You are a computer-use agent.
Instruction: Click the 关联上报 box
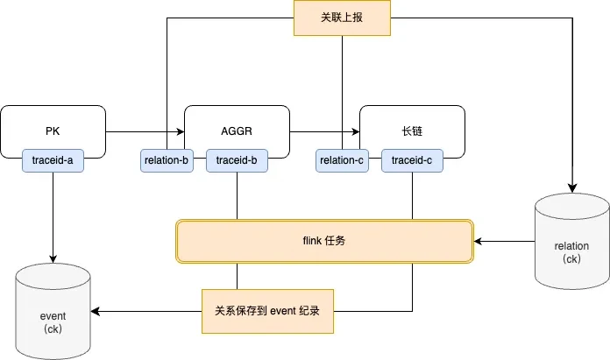(x=342, y=18)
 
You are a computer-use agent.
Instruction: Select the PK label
(x=53, y=131)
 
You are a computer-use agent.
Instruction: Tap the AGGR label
(x=237, y=131)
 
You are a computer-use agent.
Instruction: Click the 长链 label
(x=412, y=131)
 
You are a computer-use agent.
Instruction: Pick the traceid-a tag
(x=53, y=160)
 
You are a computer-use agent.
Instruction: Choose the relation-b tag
(x=167, y=160)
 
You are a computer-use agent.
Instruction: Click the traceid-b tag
(x=237, y=160)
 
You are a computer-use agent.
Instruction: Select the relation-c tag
(x=342, y=160)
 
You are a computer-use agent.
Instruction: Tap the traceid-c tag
(x=412, y=160)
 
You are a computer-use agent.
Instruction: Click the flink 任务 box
(x=324, y=242)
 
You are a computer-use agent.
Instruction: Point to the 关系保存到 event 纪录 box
(x=267, y=311)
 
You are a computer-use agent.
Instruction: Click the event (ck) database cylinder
(x=53, y=312)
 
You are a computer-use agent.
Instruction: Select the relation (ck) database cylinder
(x=571, y=241)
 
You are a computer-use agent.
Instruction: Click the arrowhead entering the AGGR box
(x=181, y=131)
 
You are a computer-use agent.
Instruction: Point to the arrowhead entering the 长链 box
(x=356, y=131)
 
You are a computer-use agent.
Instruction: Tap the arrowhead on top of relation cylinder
(x=572, y=188)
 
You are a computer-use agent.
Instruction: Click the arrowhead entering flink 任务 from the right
(x=479, y=242)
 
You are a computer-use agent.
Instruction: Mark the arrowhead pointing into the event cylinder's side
(x=96, y=311)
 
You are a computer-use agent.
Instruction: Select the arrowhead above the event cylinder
(x=53, y=259)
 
